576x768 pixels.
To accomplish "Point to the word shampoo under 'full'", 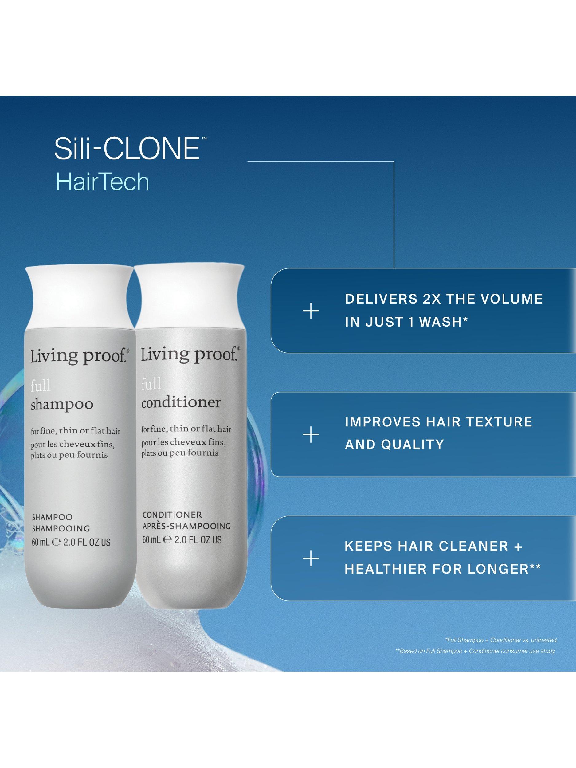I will [62, 404].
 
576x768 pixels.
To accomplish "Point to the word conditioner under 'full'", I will [181, 402].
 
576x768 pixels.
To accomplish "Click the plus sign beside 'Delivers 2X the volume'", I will [311, 311].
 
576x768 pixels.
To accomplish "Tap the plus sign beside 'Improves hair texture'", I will [311, 435].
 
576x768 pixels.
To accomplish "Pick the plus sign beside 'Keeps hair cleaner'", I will [311, 559].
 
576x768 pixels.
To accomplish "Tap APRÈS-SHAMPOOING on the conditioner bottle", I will [186, 526].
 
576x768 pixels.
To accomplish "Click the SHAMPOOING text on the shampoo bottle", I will [61, 528].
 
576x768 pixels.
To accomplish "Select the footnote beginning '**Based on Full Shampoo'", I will [475, 651].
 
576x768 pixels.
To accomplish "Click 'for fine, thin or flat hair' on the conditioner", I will [186, 429].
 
